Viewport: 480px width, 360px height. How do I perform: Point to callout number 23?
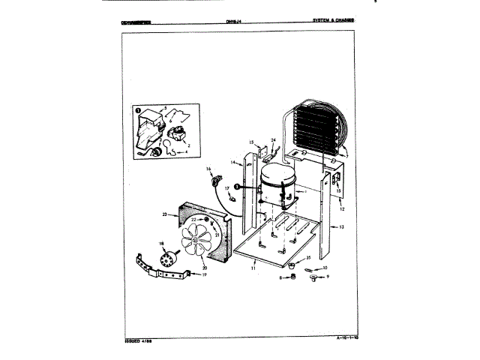[x=163, y=215]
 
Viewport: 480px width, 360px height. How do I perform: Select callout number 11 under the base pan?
[x=253, y=266]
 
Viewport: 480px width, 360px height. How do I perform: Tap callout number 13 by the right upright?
[x=341, y=226]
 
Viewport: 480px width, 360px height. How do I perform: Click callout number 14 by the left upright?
[x=233, y=163]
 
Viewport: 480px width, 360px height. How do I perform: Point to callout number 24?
[x=274, y=140]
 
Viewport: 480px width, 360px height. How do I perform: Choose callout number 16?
[x=208, y=170]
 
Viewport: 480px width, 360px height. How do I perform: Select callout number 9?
[x=327, y=277]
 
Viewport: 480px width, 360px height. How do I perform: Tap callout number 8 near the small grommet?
[x=280, y=277]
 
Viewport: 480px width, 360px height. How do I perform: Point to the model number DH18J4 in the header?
[x=235, y=21]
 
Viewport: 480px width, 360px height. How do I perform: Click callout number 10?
[x=325, y=267]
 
